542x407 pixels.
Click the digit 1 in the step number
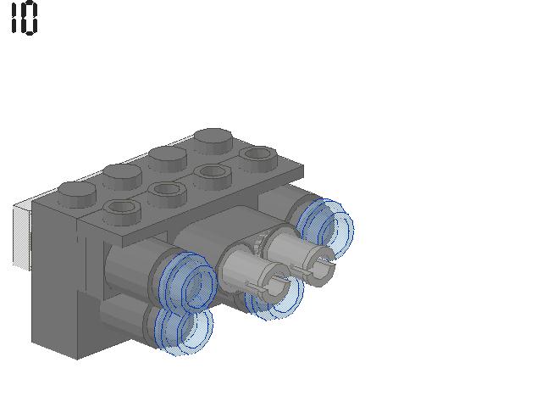click(14, 17)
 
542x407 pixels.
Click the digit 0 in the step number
click(30, 18)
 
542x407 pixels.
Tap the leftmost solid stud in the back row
click(77, 194)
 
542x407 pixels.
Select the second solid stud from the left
click(122, 176)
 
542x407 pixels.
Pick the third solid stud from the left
click(168, 159)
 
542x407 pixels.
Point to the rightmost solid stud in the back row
click(213, 142)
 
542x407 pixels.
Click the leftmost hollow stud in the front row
click(122, 212)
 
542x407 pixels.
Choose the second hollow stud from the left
click(168, 194)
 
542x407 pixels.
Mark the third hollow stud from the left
click(213, 176)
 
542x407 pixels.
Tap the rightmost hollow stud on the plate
click(257, 159)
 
